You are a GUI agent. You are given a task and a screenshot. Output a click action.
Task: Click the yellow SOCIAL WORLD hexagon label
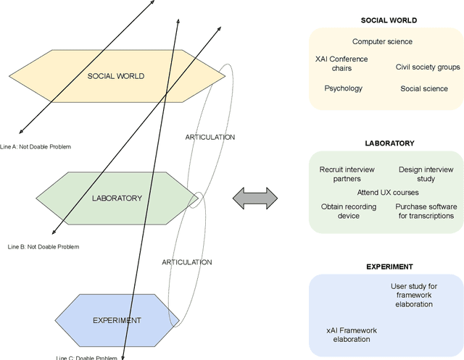(116, 76)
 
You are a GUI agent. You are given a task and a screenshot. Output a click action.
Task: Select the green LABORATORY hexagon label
(117, 197)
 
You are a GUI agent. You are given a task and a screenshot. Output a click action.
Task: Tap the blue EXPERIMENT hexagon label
(117, 319)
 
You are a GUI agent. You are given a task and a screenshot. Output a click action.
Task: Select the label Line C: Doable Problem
(86, 357)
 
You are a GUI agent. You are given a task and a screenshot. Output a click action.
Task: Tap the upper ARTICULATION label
(210, 137)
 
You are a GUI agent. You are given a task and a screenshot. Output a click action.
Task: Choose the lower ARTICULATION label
(187, 261)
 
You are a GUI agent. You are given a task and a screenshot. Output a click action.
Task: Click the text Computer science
(382, 42)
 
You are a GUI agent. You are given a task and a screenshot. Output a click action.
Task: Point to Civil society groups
(428, 67)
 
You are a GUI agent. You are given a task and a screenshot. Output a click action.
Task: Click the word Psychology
(343, 88)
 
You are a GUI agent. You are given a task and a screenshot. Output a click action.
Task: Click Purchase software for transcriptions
(426, 211)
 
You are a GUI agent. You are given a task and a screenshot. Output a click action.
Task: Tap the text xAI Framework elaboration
(352, 335)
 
